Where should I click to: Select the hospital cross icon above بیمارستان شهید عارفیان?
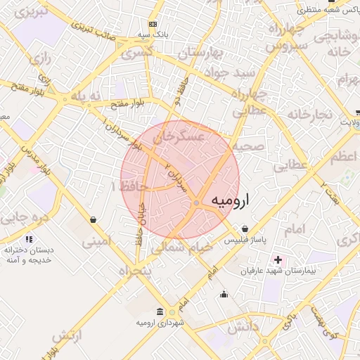pyautogui.click(x=278, y=259)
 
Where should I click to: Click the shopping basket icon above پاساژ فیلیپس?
pyautogui.click(x=245, y=229)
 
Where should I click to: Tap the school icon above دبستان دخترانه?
pyautogui.click(x=28, y=239)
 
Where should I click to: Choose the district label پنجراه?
pyautogui.click(x=134, y=271)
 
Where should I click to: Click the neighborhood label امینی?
pyautogui.click(x=96, y=242)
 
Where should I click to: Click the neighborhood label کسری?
pyautogui.click(x=138, y=53)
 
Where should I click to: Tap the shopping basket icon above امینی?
pyautogui.click(x=94, y=219)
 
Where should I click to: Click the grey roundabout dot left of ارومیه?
pyautogui.click(x=196, y=203)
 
